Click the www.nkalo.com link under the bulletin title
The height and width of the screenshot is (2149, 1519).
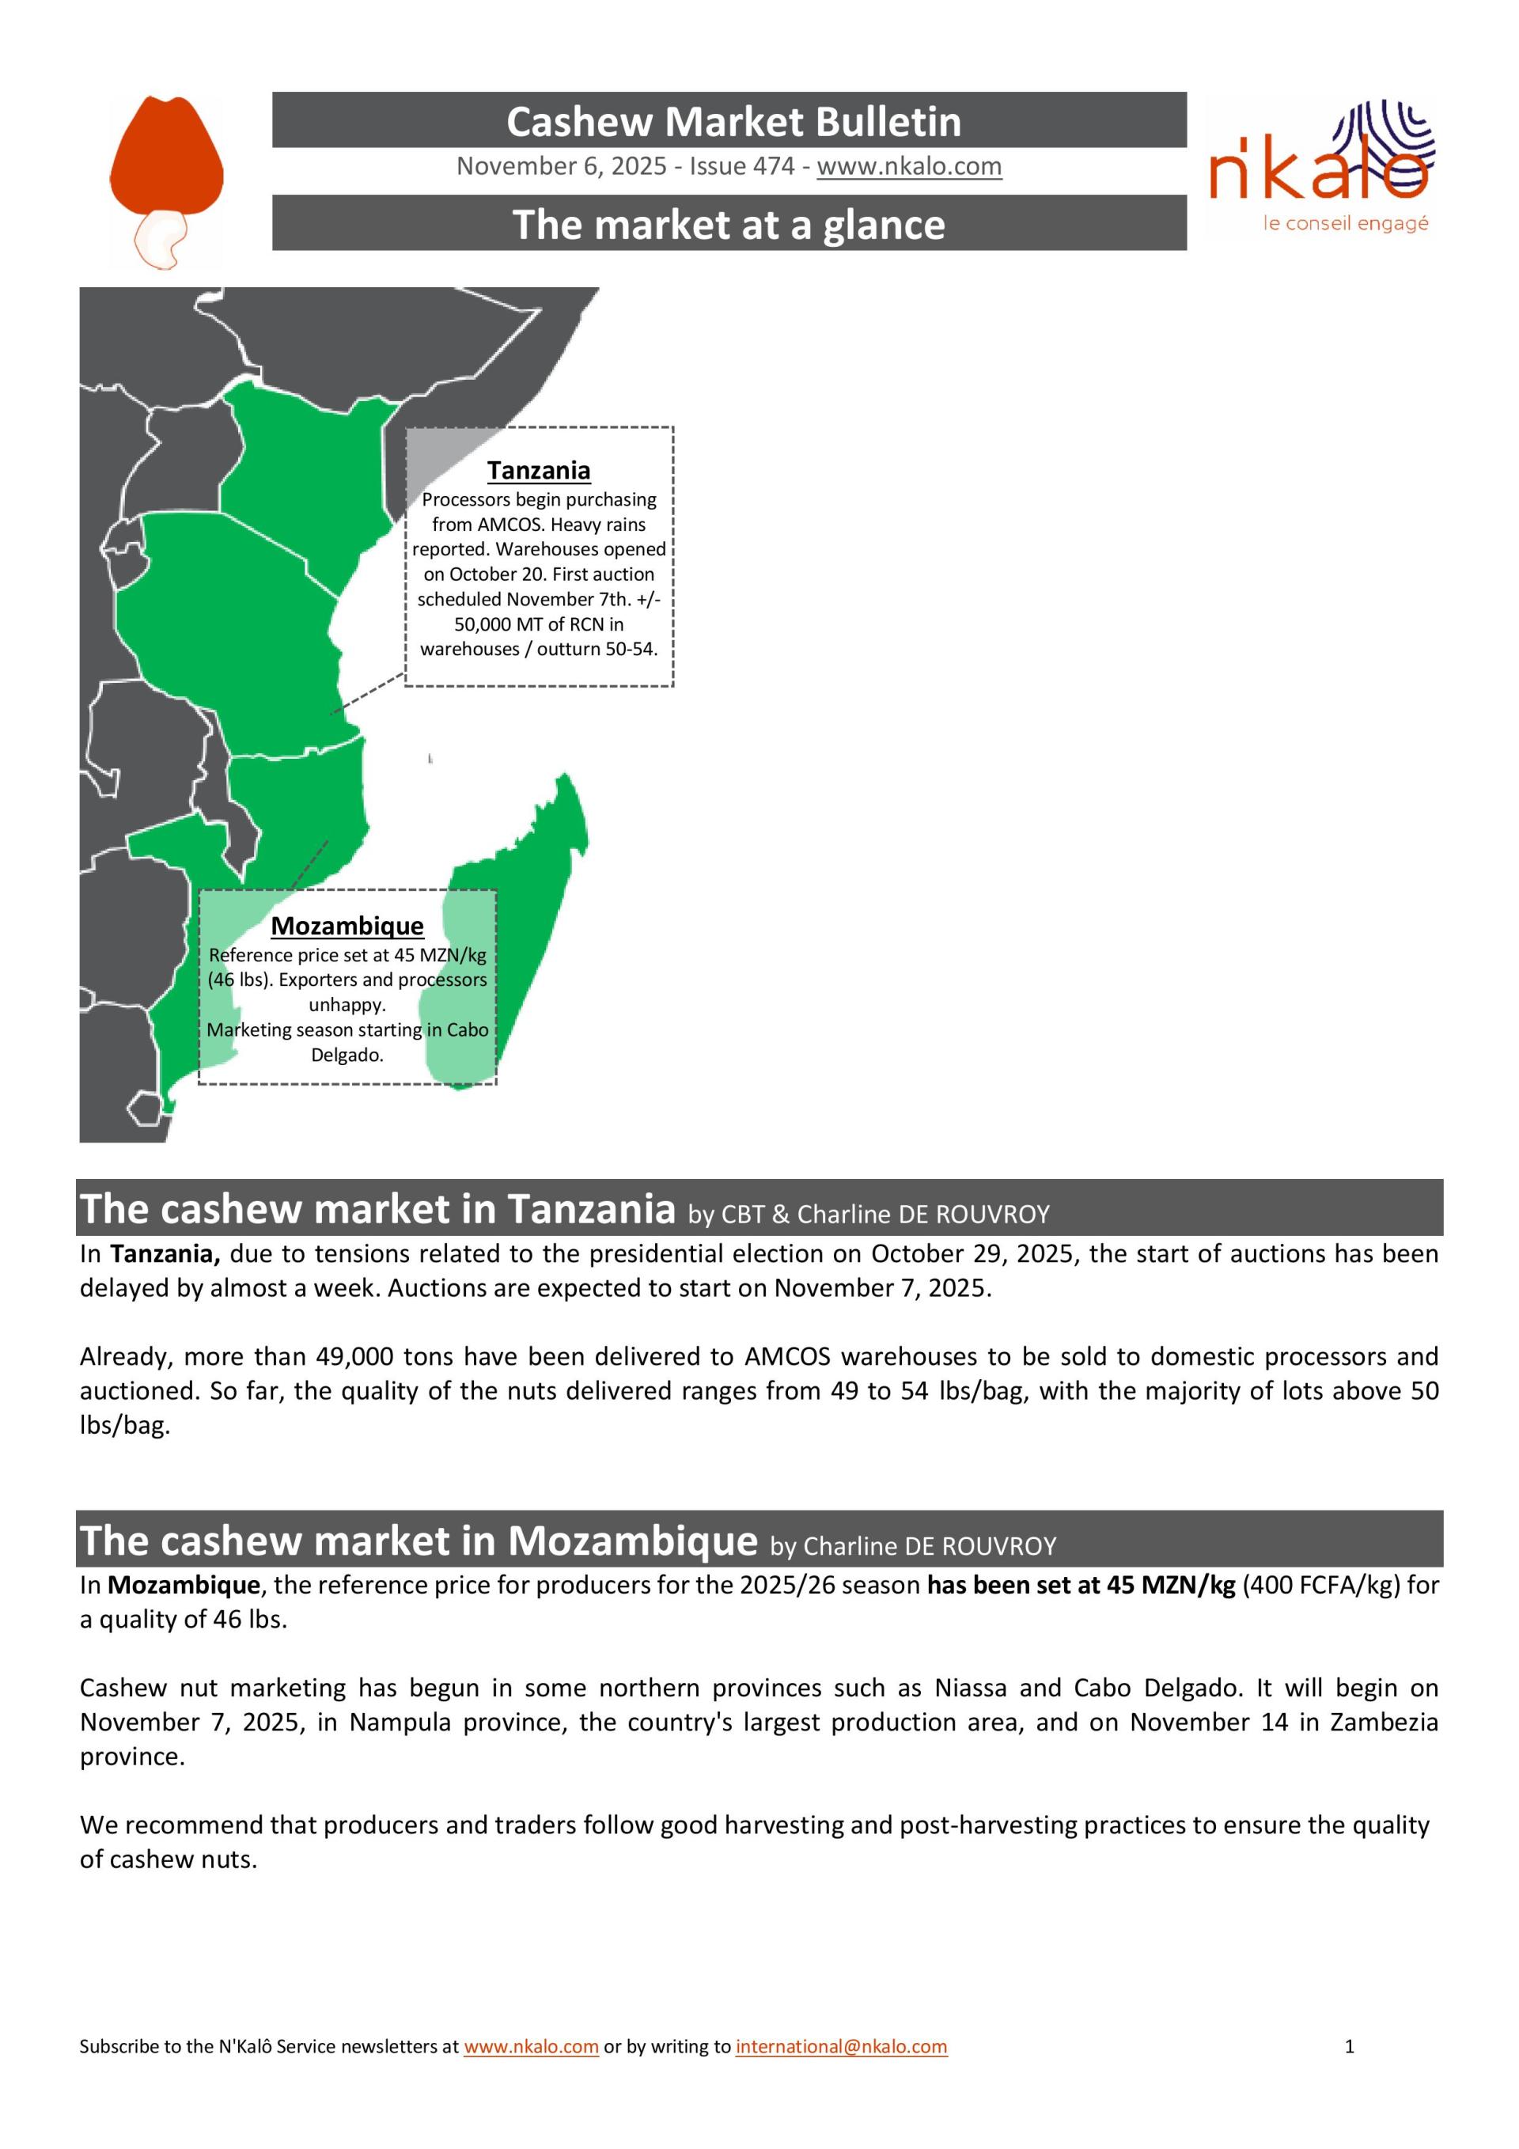[x=909, y=167]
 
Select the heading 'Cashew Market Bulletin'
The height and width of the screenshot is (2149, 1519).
[x=733, y=122]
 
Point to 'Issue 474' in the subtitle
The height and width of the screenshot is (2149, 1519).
[x=742, y=167]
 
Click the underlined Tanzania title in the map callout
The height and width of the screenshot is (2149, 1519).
[x=538, y=471]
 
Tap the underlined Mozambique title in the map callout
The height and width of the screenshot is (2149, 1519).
[x=347, y=926]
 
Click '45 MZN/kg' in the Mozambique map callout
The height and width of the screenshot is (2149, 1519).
[x=440, y=956]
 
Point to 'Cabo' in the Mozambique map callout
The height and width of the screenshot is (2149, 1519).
[x=467, y=1029]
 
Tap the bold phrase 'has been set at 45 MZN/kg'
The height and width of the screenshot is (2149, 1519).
[x=1081, y=1586]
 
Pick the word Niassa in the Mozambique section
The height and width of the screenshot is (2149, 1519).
[x=971, y=1688]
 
